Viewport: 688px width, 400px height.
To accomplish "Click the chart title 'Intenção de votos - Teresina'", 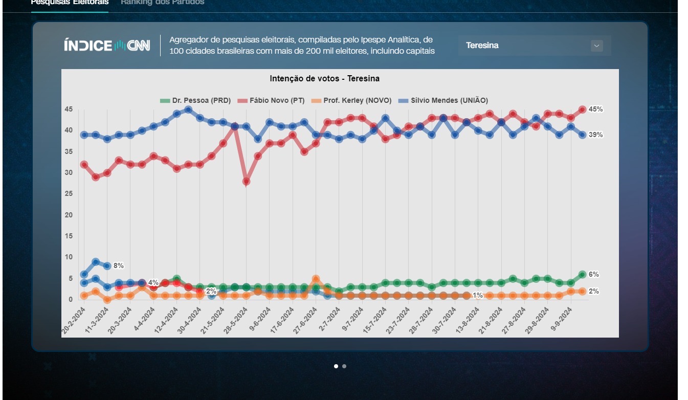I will tap(324, 79).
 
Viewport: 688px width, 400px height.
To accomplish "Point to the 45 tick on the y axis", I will tap(69, 109).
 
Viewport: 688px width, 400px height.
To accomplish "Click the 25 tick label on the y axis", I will tap(69, 194).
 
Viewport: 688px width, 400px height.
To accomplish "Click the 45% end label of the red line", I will tap(595, 109).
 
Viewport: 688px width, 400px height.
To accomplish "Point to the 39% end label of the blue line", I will tap(595, 135).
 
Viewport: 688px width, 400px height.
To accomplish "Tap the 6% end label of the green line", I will tap(593, 275).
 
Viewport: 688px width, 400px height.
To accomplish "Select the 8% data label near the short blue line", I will tap(119, 266).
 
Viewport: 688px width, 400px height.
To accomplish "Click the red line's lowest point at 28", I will tap(246, 182).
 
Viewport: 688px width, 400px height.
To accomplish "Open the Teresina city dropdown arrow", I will tap(596, 46).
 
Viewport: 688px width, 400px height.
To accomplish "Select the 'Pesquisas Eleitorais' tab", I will tap(70, 3).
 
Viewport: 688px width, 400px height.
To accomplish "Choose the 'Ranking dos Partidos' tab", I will tap(162, 3).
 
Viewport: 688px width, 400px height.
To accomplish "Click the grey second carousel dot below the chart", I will tap(344, 366).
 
